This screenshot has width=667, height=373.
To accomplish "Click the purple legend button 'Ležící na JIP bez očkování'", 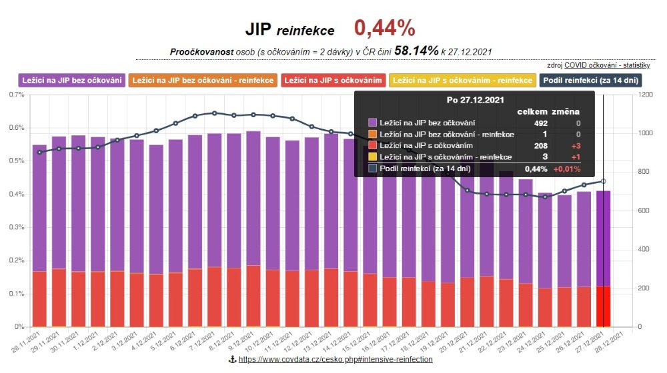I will tap(72, 81).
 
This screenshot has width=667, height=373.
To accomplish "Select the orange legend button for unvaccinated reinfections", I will tap(201, 81).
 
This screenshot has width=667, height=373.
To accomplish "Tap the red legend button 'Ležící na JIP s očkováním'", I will tap(333, 81).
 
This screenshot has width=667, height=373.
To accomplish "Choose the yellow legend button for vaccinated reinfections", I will tap(464, 81).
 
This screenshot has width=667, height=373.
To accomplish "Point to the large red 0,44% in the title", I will tap(384, 29).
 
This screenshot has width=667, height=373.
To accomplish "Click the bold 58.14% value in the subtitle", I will tap(416, 51).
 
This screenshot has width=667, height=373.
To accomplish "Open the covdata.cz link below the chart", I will tap(336, 360).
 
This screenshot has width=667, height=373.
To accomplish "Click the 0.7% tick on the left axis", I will tap(15, 95).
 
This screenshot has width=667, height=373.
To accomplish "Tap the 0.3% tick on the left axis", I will tap(15, 227).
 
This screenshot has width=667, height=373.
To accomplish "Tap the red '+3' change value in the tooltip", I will tap(573, 145).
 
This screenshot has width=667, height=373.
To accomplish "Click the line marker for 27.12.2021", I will tap(603, 181).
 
